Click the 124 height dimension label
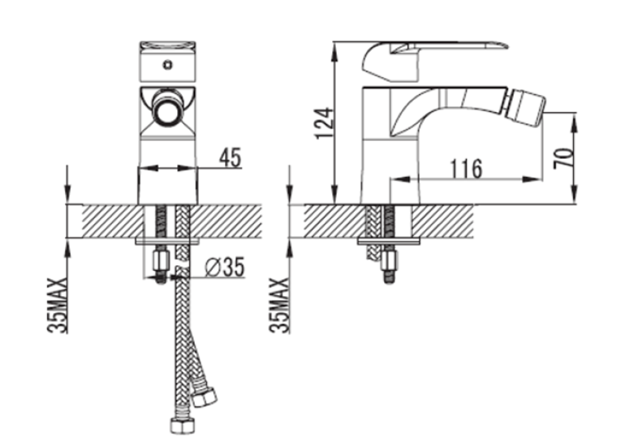325,122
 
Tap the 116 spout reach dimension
466,169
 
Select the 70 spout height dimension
563,158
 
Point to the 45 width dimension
230,158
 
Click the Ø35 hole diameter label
225,267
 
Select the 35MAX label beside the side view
279,305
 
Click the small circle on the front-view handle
168,65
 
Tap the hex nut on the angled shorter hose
204,396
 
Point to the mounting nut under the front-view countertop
160,260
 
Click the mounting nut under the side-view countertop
389,260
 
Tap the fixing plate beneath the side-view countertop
389,241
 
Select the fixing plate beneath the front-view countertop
166,241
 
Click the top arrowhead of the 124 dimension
335,50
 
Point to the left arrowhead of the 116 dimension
400,179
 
